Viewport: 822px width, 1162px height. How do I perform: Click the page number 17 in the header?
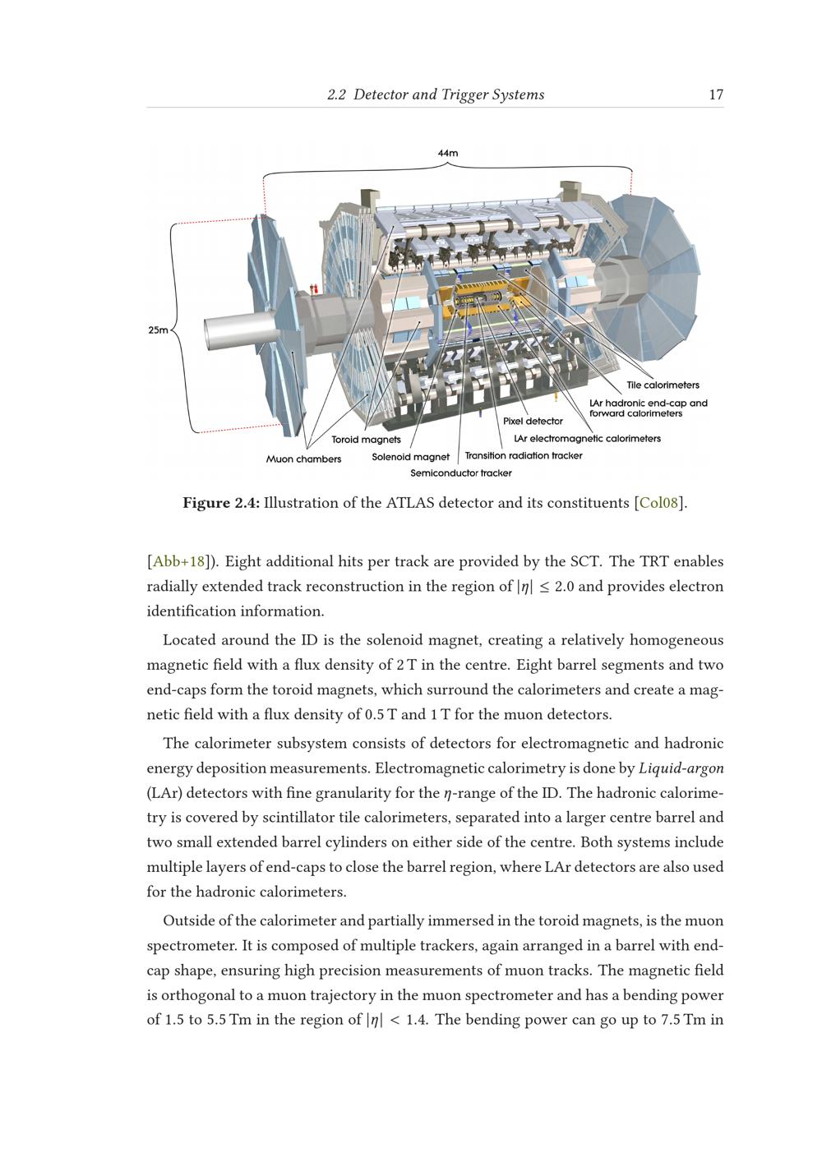click(716, 95)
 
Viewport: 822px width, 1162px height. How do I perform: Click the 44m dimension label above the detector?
click(448, 153)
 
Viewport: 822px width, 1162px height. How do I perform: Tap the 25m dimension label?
click(159, 330)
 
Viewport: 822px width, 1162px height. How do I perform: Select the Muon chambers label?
click(303, 459)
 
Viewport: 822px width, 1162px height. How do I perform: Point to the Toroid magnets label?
click(367, 440)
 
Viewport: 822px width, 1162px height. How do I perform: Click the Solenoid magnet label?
click(410, 457)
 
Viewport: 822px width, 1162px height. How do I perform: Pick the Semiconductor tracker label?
click(461, 473)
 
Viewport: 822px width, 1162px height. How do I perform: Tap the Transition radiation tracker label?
click(524, 456)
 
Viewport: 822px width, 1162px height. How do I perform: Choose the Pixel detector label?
click(533, 422)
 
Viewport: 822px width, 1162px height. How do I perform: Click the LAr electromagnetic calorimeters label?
click(588, 439)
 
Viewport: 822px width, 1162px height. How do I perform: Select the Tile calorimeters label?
click(663, 385)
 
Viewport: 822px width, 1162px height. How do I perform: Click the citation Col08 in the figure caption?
click(658, 503)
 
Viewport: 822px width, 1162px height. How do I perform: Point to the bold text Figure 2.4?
click(221, 503)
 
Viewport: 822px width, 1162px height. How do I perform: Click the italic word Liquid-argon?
click(681, 769)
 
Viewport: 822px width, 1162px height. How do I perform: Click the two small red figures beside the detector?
click(313, 288)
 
